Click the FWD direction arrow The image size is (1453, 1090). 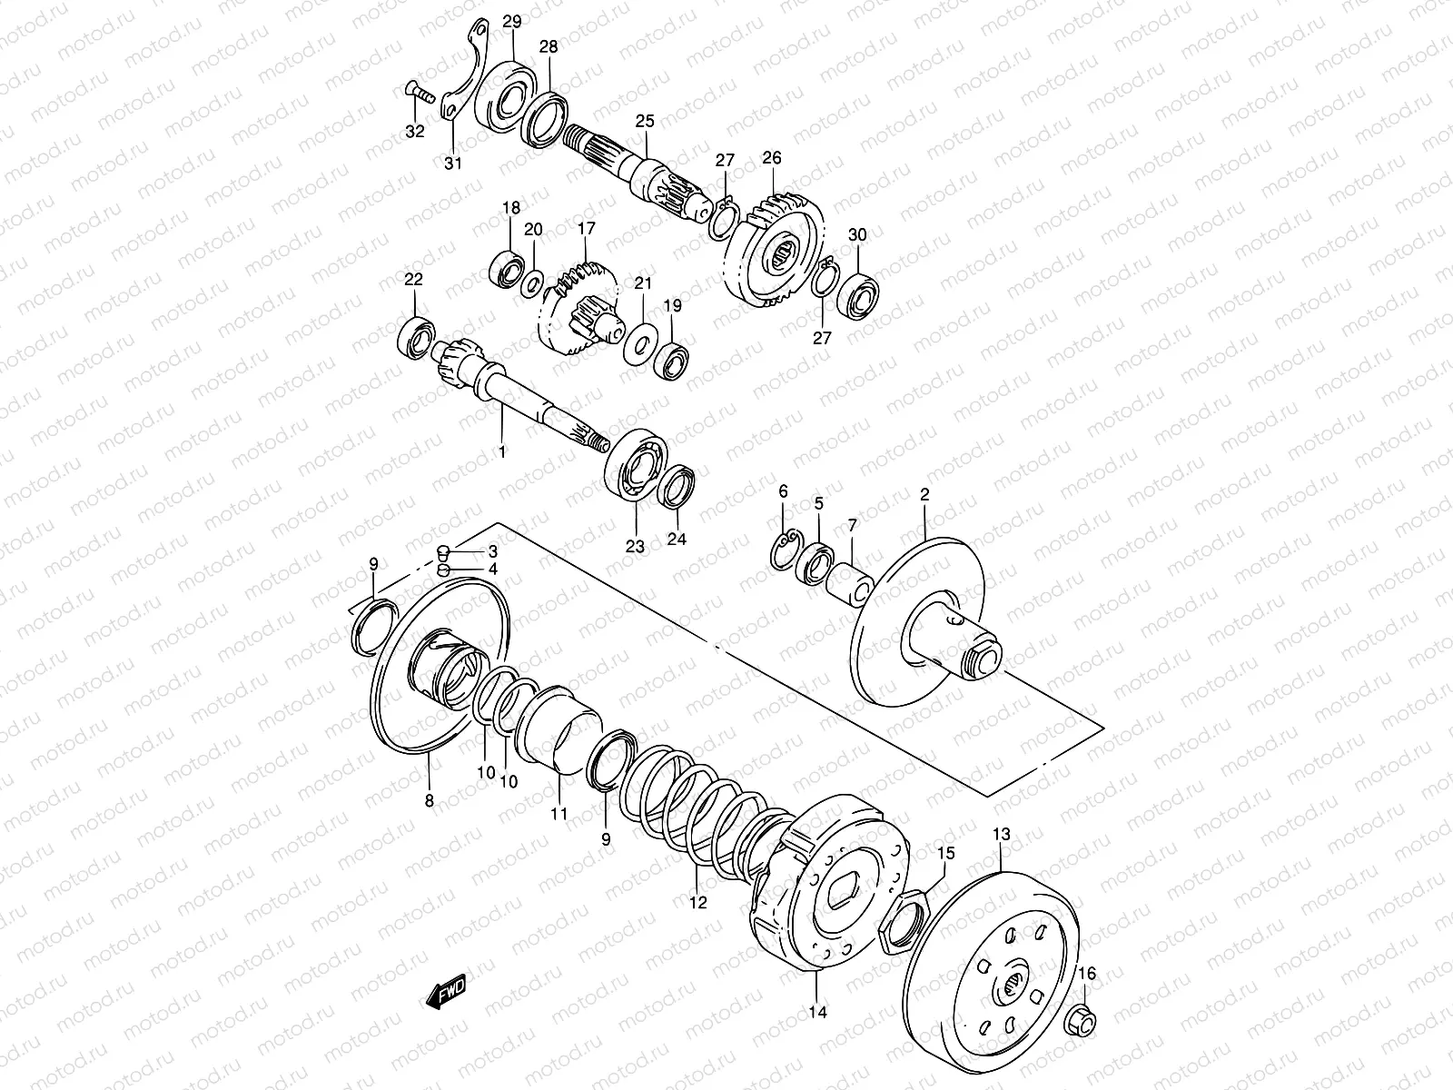point(446,992)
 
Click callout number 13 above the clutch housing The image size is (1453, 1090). point(1002,835)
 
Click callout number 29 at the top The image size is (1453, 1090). point(512,22)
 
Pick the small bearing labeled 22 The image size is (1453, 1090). point(417,338)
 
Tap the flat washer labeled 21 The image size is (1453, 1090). point(640,344)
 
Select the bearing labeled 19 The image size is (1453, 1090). point(673,361)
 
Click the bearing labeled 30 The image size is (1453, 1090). point(858,297)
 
